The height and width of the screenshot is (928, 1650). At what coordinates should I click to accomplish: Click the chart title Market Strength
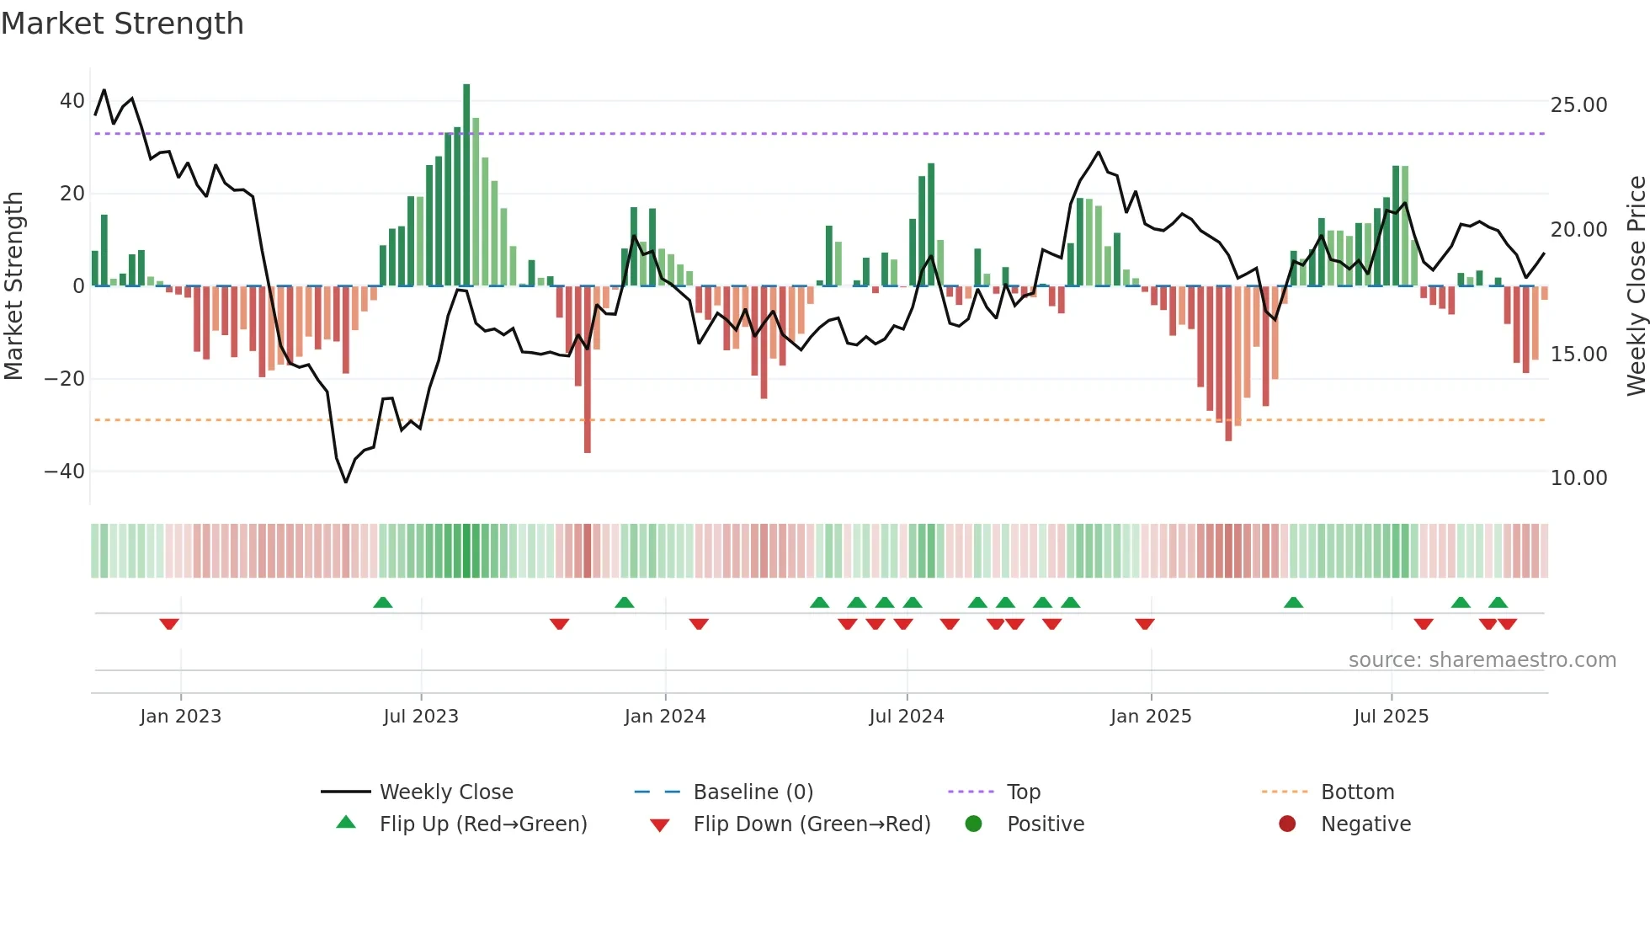[x=122, y=23]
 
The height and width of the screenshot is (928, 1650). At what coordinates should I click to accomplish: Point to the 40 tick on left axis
[x=72, y=101]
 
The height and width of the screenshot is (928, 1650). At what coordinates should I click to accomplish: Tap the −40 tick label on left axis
[x=65, y=472]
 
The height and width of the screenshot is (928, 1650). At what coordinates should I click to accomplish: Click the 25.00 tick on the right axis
[x=1578, y=105]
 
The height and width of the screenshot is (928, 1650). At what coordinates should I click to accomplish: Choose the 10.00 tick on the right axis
[x=1578, y=478]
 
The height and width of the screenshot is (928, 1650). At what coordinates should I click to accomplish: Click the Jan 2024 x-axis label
[x=664, y=717]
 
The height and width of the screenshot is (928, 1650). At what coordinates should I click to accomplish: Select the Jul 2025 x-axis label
[x=1391, y=717]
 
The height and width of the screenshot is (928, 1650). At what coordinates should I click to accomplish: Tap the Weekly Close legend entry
[x=445, y=792]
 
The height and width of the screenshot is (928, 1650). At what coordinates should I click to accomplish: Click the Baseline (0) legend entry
[x=753, y=792]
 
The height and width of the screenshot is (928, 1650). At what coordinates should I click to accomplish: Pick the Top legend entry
[x=1023, y=792]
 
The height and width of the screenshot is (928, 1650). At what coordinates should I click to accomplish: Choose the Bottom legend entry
[x=1357, y=792]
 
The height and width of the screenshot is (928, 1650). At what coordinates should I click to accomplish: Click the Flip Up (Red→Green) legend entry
[x=482, y=824]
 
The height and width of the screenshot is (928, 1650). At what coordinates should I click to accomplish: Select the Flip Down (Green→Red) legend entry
[x=812, y=824]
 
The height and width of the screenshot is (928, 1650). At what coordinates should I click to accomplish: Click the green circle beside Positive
[x=973, y=824]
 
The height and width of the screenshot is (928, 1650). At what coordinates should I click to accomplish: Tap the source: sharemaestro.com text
[x=1482, y=660]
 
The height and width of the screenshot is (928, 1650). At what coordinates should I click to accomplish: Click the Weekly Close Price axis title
[x=1636, y=286]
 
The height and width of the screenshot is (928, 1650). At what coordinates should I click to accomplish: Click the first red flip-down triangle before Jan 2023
[x=169, y=624]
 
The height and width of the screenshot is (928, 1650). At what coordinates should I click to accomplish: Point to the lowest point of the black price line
[x=345, y=482]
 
